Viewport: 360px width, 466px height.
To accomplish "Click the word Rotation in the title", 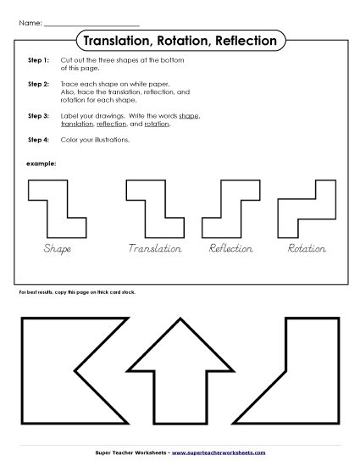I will click(181, 41).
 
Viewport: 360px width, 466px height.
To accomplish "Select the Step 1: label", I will click(38, 61).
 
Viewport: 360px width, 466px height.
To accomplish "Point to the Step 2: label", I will click(38, 86).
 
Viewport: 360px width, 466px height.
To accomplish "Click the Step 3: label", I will click(38, 114).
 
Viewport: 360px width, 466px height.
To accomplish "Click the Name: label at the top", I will click(29, 22).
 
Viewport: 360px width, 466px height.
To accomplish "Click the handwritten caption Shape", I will click(57, 248).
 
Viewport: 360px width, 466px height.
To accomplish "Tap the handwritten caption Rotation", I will click(307, 248).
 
